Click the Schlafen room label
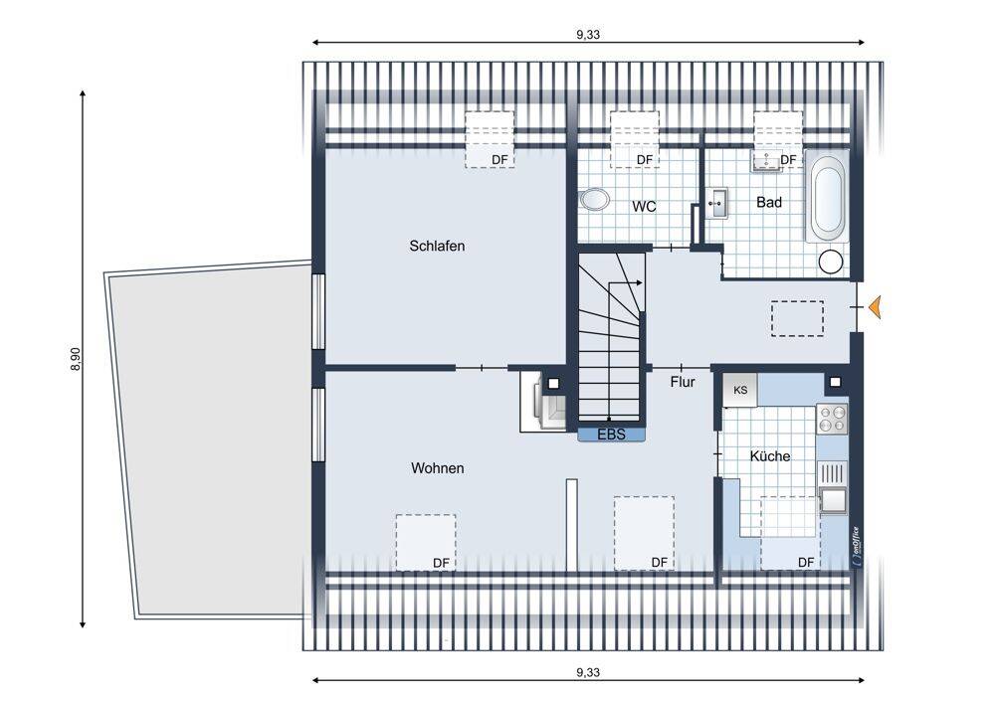(437, 246)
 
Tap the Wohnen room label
(437, 468)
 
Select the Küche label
(770, 456)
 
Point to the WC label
(644, 206)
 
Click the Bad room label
(769, 202)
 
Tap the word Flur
(683, 382)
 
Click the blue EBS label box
(611, 435)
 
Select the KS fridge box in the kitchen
(740, 390)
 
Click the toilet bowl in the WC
(595, 199)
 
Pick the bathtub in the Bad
(827, 195)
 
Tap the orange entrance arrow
(875, 306)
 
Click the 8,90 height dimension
(76, 359)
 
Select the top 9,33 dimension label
(588, 34)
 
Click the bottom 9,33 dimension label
(588, 672)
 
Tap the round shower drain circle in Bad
(830, 262)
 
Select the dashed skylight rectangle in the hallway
(798, 318)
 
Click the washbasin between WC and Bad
(718, 203)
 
